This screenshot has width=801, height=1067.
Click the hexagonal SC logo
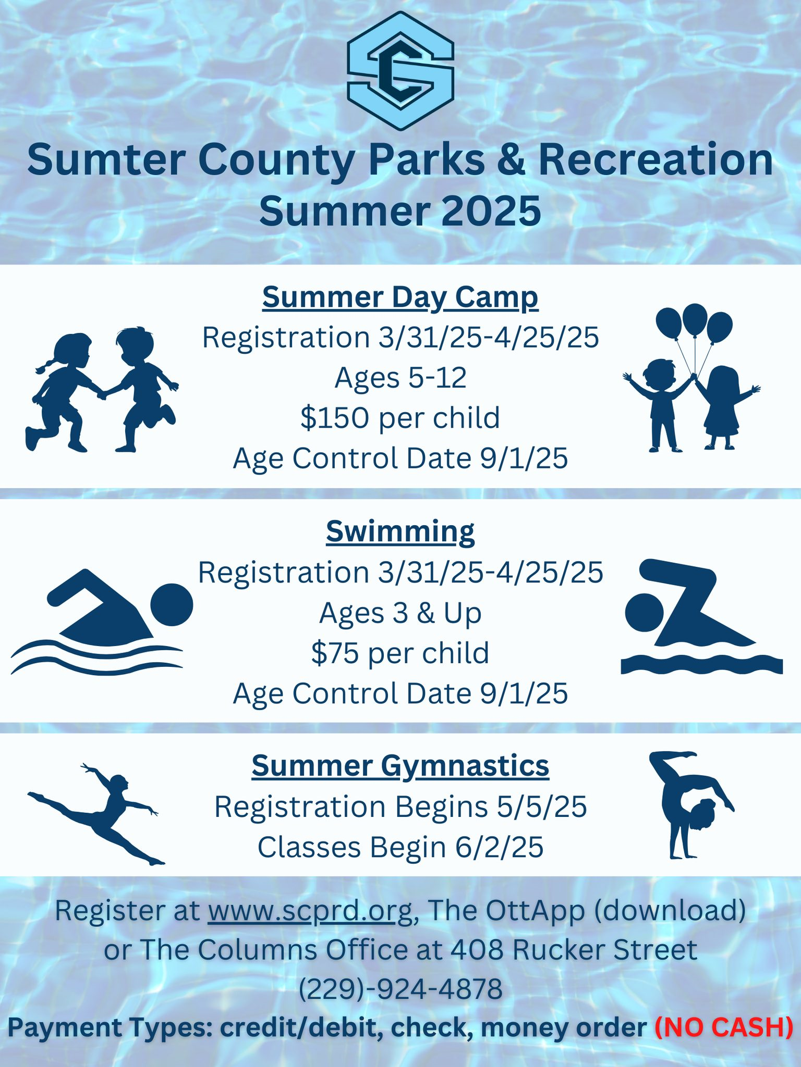point(400,70)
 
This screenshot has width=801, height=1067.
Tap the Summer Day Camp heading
point(400,298)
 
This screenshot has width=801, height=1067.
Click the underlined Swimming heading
point(400,532)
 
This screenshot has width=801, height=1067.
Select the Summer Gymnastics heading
point(400,766)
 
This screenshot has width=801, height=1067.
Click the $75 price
point(335,653)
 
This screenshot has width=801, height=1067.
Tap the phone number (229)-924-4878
point(400,988)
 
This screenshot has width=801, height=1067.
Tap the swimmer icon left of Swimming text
point(102,622)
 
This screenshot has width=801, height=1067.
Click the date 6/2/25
point(499,848)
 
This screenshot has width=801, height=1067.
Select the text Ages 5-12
point(400,378)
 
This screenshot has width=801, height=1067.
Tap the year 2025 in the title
point(492,211)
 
